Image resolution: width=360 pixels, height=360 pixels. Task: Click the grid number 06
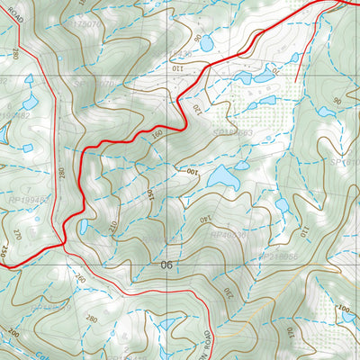[x=166, y=265]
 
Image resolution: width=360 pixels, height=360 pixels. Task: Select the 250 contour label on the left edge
[x=4, y=249]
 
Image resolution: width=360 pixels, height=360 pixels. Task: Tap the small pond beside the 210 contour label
[x=83, y=226]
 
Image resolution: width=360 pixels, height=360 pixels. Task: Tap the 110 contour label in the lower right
[x=303, y=231]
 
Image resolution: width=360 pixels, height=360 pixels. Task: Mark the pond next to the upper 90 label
[x=206, y=43]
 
